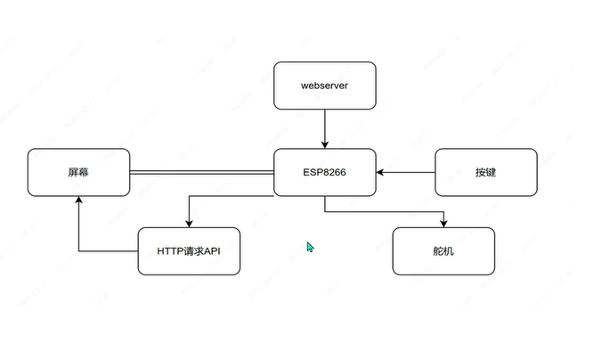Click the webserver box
point(324,86)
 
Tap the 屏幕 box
point(78,172)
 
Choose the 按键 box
point(485,172)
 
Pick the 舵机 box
point(443,251)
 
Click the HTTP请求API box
point(188,251)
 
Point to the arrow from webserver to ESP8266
point(324,129)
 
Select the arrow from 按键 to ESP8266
point(405,172)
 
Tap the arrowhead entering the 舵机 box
point(443,223)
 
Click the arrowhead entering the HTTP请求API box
point(188,223)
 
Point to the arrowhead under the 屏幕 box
point(78,200)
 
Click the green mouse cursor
point(310,247)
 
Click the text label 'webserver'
point(324,86)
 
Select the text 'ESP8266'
point(324,172)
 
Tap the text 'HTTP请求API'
point(188,251)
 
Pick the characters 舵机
point(443,251)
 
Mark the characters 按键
point(485,172)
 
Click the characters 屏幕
point(78,172)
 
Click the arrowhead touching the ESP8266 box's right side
point(380,172)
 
